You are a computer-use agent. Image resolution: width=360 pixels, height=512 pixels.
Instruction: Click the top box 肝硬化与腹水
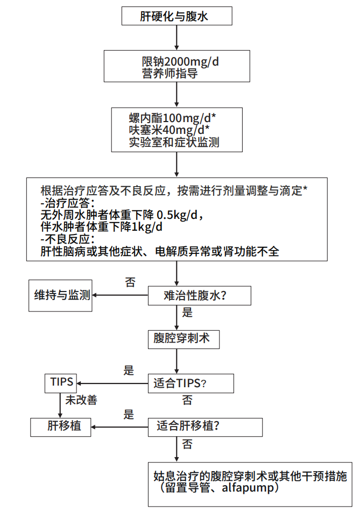pyautogui.click(x=177, y=16)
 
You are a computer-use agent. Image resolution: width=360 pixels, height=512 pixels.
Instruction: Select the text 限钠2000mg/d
pyautogui.click(x=177, y=61)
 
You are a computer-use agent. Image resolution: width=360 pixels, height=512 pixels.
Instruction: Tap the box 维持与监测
pyautogui.click(x=60, y=295)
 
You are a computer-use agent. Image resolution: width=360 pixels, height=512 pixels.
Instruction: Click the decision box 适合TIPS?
pyautogui.click(x=190, y=383)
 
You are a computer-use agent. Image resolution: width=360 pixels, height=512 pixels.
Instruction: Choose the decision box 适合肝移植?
pyautogui.click(x=205, y=426)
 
